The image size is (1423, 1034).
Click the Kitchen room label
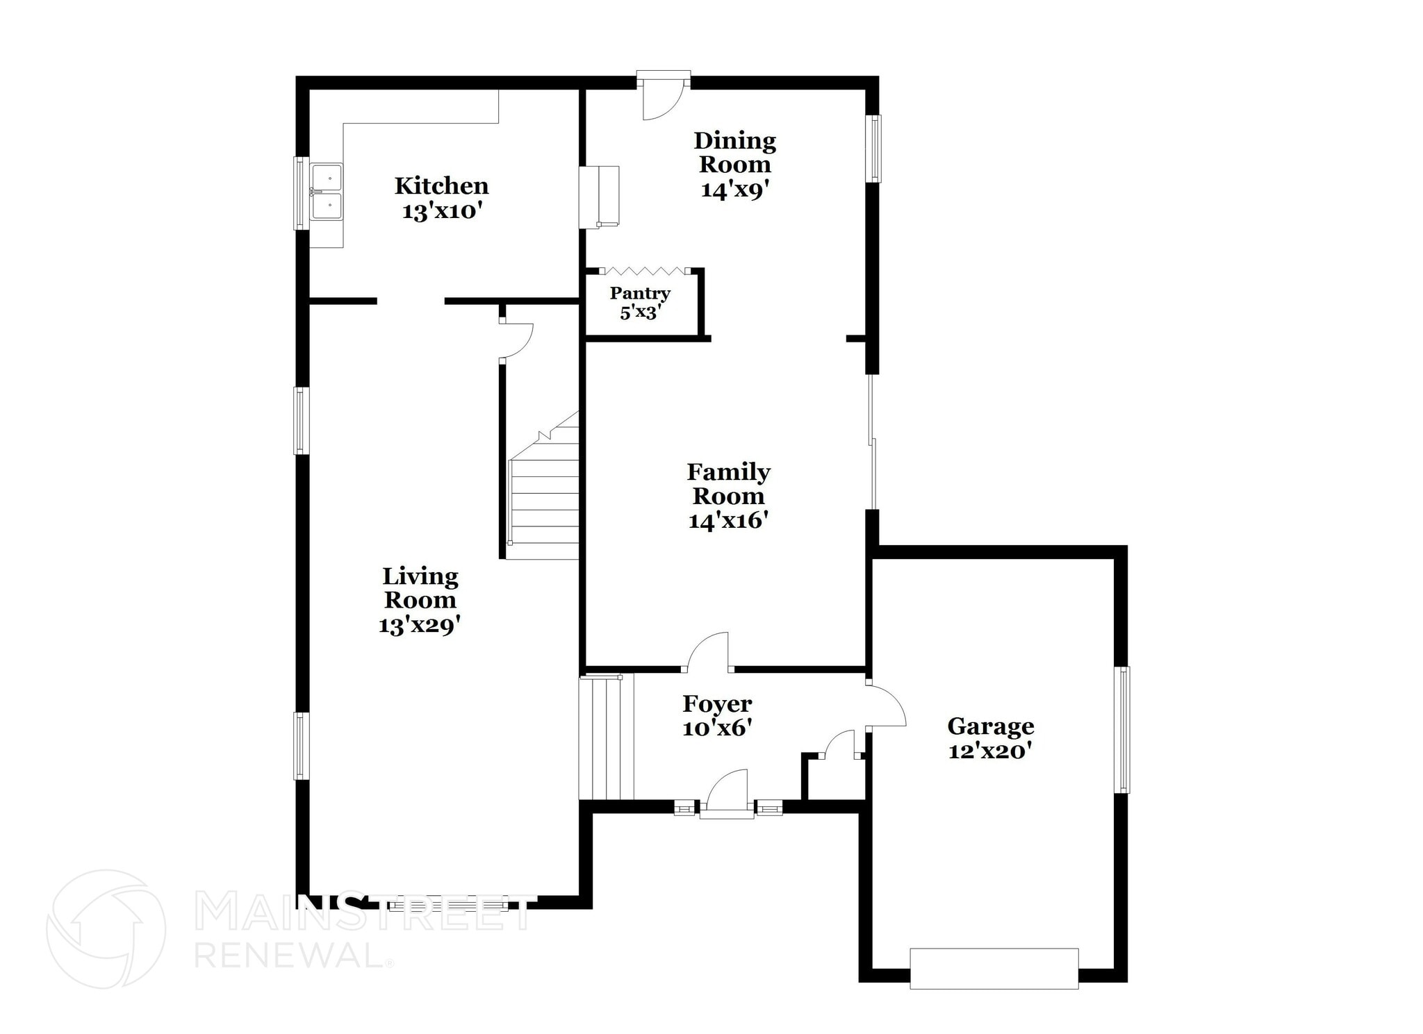441,186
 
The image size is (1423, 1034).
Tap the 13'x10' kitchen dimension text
442,211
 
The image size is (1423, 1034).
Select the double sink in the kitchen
327,192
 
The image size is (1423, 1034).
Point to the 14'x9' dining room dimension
734,190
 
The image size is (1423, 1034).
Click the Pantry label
640,293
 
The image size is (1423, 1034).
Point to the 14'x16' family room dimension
727,521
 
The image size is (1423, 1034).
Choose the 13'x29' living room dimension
420,625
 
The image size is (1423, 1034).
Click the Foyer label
717,704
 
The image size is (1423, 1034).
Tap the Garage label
990,726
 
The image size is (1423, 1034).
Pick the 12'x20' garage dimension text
990,751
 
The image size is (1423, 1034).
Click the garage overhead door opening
994,968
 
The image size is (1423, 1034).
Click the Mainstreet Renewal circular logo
106,929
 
